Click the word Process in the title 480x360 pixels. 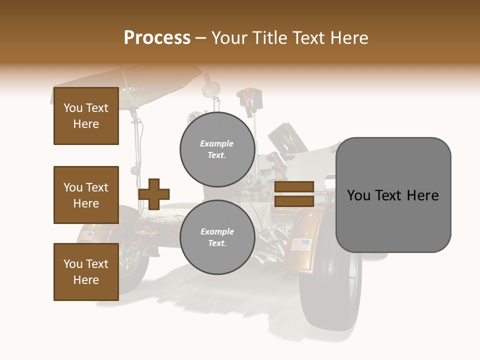coord(157,38)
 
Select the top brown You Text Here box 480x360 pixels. coord(86,116)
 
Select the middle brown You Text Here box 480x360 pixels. coord(86,195)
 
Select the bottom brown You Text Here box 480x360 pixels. coord(86,271)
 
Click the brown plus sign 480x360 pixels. coord(153,193)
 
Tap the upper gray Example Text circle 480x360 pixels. coord(217,149)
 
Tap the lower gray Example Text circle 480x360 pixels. coord(217,237)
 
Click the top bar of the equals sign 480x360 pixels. coord(294,187)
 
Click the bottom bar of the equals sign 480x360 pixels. coord(294,201)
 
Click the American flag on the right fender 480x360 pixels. coord(300,244)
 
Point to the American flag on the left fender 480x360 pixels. coord(86,235)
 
